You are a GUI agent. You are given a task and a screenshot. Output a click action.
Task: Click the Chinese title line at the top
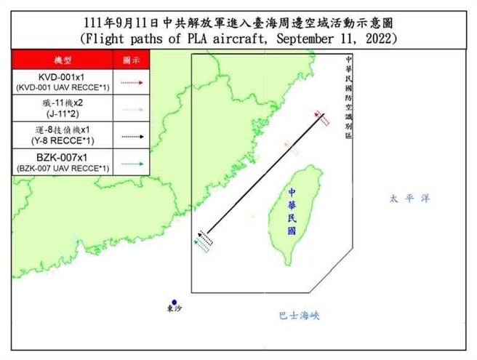pyautogui.click(x=238, y=20)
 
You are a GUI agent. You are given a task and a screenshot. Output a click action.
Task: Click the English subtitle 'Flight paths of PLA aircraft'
pyautogui.click(x=238, y=36)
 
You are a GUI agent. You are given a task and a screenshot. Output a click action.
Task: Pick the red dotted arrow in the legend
pyautogui.click(x=132, y=83)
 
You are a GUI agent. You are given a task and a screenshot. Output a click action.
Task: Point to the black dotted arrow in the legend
pyautogui.click(x=132, y=136)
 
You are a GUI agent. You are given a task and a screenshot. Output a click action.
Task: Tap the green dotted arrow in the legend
pyautogui.click(x=132, y=164)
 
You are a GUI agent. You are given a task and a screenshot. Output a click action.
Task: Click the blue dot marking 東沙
pyautogui.click(x=175, y=303)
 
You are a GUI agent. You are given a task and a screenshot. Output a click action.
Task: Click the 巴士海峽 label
pyautogui.click(x=299, y=316)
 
